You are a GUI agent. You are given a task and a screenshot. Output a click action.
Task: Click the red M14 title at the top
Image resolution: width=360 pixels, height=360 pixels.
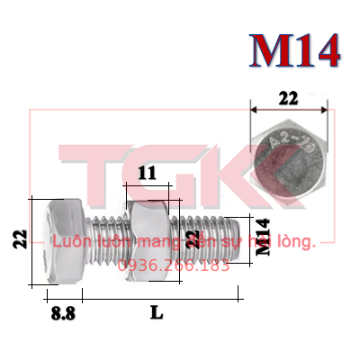[295, 52]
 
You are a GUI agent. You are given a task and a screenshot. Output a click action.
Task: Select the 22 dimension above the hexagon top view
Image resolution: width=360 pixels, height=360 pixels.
[288, 100]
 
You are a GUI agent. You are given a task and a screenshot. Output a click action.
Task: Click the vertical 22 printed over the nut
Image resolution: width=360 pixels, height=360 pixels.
[190, 239]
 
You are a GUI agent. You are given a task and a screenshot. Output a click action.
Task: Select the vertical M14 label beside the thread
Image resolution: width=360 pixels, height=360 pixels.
[263, 238]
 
